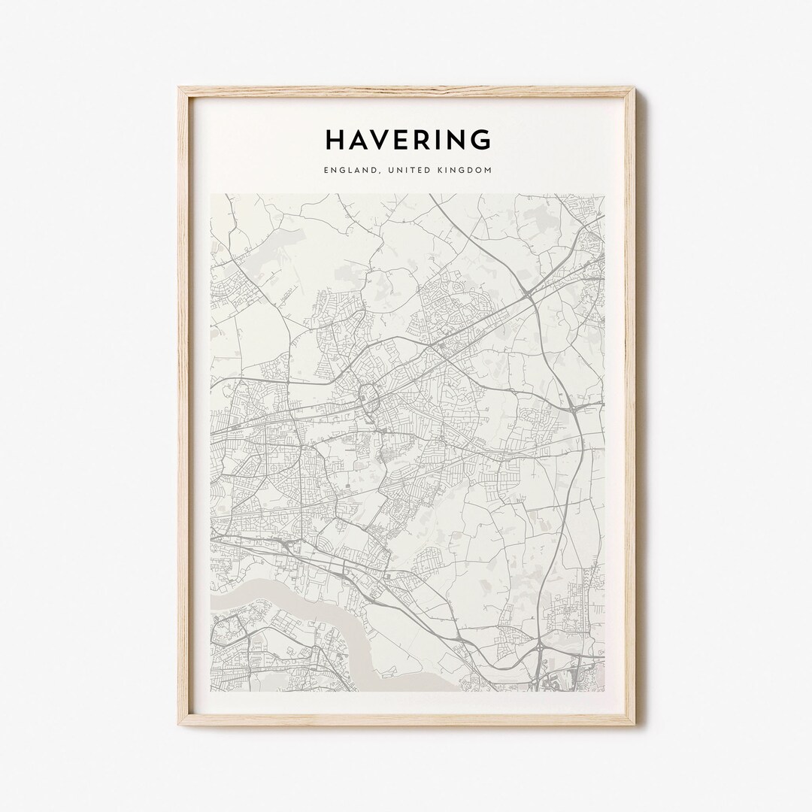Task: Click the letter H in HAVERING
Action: pos(335,140)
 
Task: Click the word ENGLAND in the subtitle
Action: pos(350,171)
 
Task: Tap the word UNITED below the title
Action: pos(406,171)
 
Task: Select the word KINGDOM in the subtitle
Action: pos(465,171)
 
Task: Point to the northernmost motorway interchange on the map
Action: pos(531,295)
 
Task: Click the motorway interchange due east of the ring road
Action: pos(574,406)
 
